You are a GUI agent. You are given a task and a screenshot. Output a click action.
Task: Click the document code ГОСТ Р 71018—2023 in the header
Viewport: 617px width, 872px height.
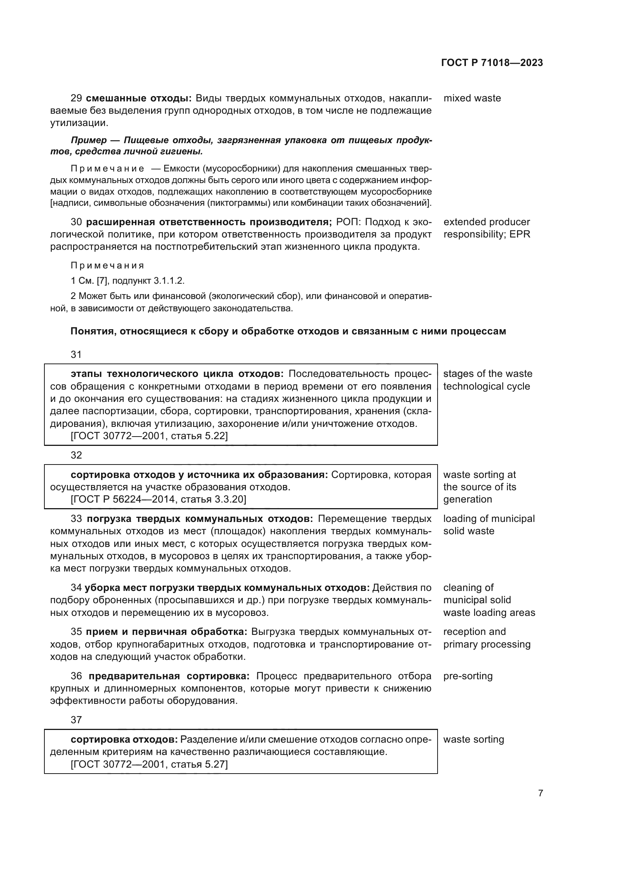pyautogui.click(x=492, y=63)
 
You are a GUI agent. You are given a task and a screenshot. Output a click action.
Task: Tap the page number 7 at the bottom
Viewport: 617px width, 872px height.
pyautogui.click(x=540, y=793)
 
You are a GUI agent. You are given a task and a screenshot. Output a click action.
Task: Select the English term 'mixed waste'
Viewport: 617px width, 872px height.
pyautogui.click(x=472, y=98)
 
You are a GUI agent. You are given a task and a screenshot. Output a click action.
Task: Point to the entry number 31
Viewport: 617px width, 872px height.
pyautogui.click(x=76, y=354)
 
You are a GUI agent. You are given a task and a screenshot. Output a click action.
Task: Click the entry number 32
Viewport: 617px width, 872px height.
pyautogui.click(x=76, y=455)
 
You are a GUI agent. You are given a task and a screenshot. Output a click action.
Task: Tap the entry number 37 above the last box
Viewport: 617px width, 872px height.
pyautogui.click(x=76, y=720)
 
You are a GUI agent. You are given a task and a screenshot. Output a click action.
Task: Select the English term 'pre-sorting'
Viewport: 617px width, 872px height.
pyautogui.click(x=468, y=676)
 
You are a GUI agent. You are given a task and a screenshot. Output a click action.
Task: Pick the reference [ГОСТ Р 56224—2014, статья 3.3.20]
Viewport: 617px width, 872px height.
pyautogui.click(x=159, y=499)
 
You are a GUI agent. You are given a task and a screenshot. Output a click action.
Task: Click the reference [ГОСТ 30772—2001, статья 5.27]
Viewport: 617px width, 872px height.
pyautogui.click(x=149, y=764)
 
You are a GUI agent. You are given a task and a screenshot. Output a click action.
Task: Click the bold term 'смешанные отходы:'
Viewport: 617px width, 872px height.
pyautogui.click(x=139, y=98)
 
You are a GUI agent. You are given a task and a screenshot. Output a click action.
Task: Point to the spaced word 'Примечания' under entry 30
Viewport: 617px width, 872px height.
pyautogui.click(x=107, y=265)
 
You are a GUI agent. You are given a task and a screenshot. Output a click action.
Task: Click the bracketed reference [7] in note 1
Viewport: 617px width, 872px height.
pyautogui.click(x=102, y=281)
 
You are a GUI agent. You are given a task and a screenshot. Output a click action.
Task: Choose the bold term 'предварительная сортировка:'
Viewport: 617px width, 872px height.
pyautogui.click(x=169, y=676)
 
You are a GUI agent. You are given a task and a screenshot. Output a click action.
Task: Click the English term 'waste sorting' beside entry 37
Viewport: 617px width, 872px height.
pyautogui.click(x=473, y=739)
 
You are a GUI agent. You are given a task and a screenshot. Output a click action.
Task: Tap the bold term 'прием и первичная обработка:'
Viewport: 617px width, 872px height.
pyautogui.click(x=166, y=632)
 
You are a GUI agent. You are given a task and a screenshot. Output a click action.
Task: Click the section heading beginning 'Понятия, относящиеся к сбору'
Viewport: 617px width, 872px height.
pyautogui.click(x=288, y=331)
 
